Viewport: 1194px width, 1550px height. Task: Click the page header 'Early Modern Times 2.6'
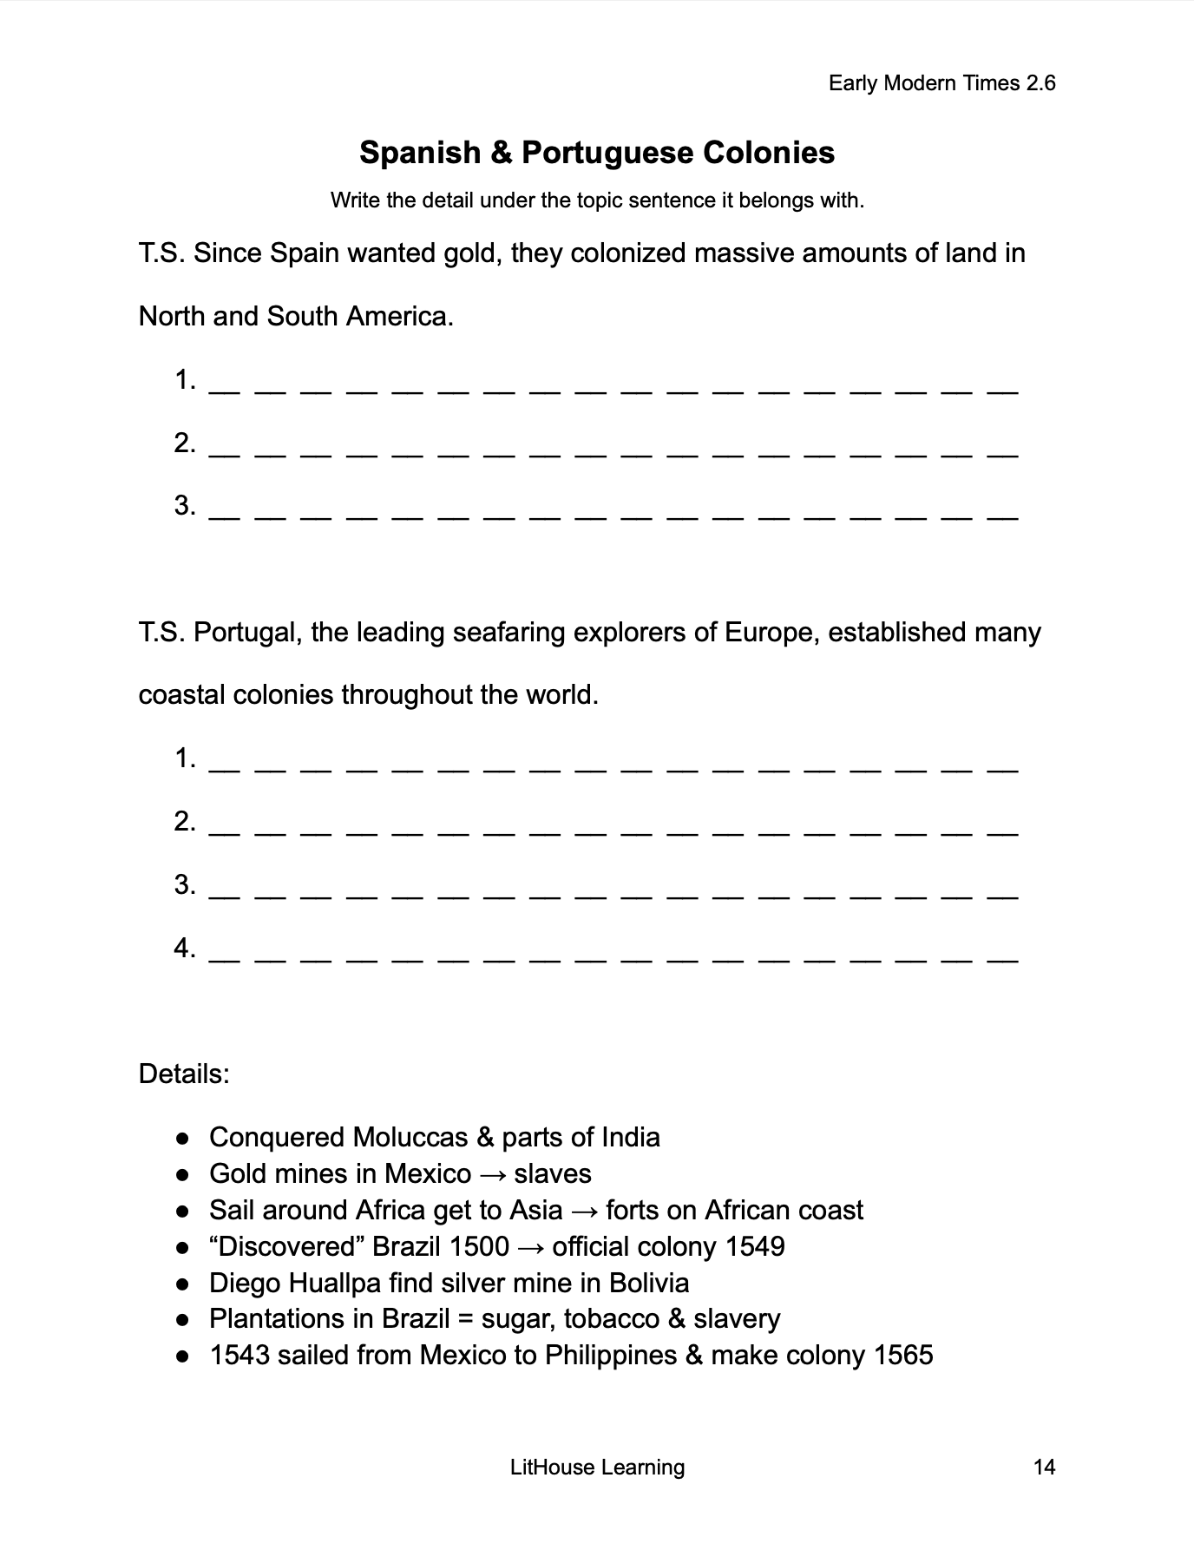(x=941, y=83)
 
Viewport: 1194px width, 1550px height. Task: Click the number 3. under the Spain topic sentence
(x=185, y=505)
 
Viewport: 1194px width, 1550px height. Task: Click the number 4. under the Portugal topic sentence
(x=185, y=948)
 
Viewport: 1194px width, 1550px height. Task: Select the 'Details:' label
(x=184, y=1074)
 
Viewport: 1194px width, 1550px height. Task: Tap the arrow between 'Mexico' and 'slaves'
(x=492, y=1174)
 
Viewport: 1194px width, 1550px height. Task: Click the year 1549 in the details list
(x=755, y=1247)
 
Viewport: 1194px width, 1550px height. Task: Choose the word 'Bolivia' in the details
(x=649, y=1283)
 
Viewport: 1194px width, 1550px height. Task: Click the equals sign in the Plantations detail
(x=465, y=1319)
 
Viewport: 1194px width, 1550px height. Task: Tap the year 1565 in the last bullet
(x=903, y=1356)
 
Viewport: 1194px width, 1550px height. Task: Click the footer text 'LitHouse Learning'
(x=597, y=1468)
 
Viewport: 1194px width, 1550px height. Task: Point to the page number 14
(x=1045, y=1468)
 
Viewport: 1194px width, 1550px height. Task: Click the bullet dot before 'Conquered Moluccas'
(x=182, y=1138)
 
